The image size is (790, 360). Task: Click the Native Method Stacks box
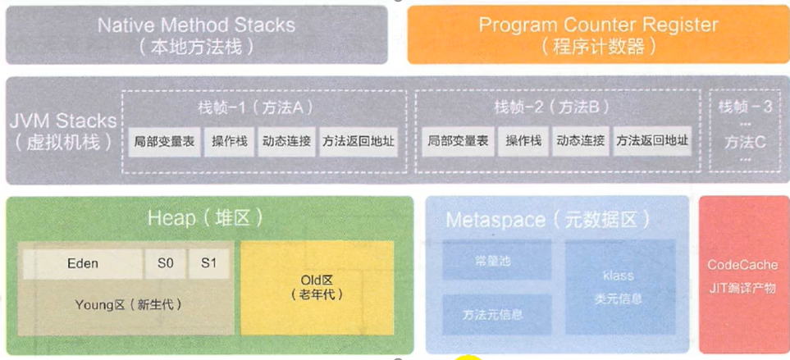(x=196, y=34)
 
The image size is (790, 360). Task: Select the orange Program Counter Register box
(x=598, y=34)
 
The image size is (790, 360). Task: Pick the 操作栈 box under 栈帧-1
(x=230, y=141)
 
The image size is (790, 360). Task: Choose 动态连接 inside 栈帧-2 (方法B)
(x=579, y=141)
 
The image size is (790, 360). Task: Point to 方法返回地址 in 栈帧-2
(x=652, y=141)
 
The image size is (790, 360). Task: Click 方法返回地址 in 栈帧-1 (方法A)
(x=358, y=141)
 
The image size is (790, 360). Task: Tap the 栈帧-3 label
(x=745, y=107)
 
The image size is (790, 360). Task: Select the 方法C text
(x=745, y=141)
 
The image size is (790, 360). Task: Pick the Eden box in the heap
(x=82, y=264)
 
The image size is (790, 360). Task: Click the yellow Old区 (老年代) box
(x=316, y=284)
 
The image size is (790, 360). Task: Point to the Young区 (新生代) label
(x=127, y=304)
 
